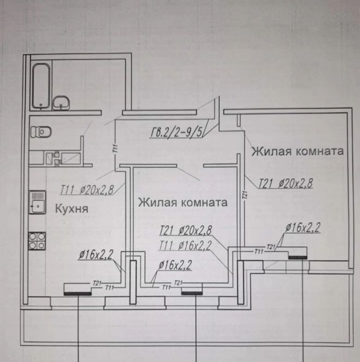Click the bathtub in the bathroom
[41, 86]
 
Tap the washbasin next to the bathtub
[61, 103]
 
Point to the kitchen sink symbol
[37, 202]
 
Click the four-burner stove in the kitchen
[37, 240]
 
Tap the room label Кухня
[71, 209]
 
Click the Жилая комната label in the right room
[297, 151]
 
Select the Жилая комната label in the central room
[183, 202]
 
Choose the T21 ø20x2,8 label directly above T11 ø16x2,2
[185, 230]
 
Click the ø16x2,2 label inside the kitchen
[96, 254]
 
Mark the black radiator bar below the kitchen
[77, 293]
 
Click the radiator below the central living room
[192, 292]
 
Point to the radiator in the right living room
[297, 256]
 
